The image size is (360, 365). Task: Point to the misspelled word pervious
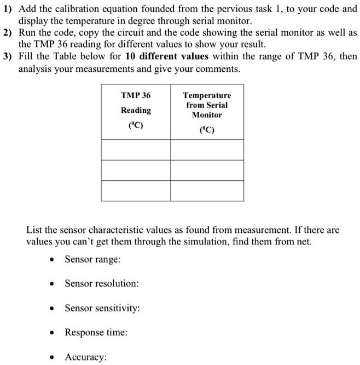coord(232,9)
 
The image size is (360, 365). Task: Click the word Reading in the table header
coord(136,110)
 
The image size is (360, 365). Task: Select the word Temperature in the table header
coord(207,95)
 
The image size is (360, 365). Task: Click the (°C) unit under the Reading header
coord(136,125)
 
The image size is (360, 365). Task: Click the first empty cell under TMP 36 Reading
coord(136,150)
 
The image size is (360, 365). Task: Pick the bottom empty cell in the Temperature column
coord(207,190)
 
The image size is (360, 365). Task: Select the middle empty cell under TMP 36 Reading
coord(136,170)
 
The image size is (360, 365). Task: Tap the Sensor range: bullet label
coord(91,259)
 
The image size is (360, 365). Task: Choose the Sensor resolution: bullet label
coord(101,283)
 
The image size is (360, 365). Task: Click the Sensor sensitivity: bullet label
coord(102,308)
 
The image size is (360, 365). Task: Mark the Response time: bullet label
coord(96,332)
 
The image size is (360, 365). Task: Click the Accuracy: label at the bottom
coord(85,357)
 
